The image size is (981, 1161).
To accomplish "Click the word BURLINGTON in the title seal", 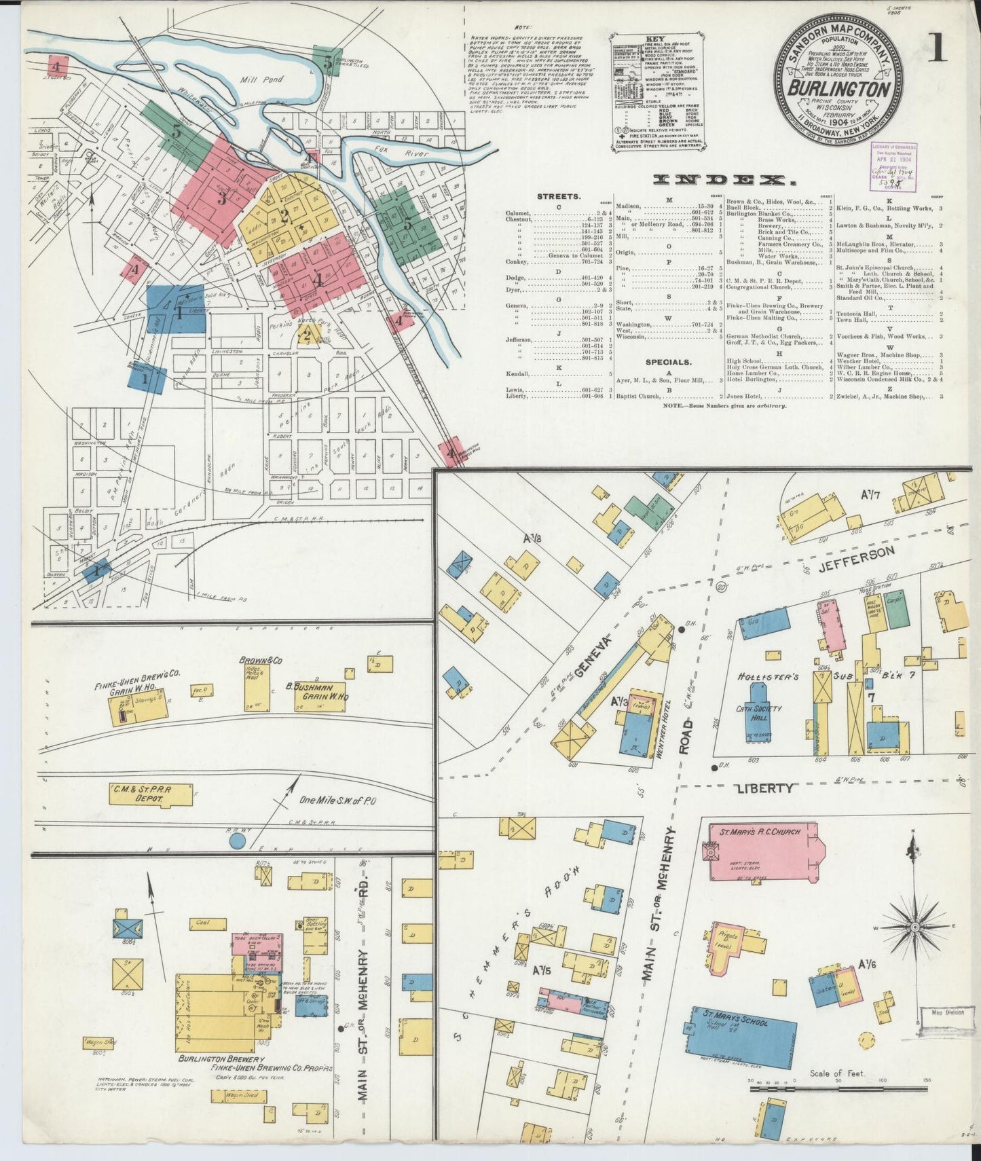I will pyautogui.click(x=840, y=90).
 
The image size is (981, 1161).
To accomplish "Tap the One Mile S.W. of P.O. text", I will pyautogui.click(x=337, y=801).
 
